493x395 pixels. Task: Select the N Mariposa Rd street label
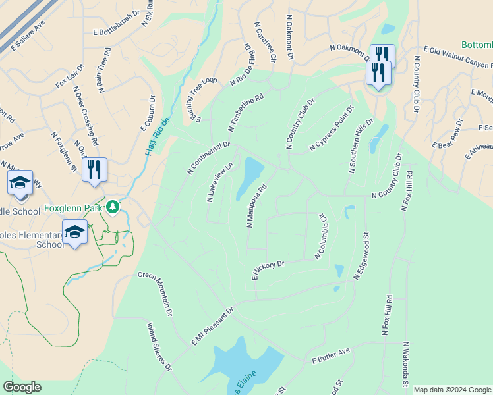click(x=256, y=205)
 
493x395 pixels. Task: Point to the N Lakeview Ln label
click(x=220, y=182)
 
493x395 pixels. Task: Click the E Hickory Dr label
click(x=268, y=269)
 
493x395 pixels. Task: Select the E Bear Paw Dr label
click(x=449, y=134)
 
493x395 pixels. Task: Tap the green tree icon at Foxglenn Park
click(x=113, y=207)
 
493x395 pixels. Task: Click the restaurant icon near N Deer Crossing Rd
click(x=94, y=170)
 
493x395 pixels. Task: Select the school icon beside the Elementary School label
click(x=74, y=232)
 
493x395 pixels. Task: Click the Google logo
click(x=22, y=387)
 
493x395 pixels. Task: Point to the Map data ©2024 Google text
click(x=451, y=390)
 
